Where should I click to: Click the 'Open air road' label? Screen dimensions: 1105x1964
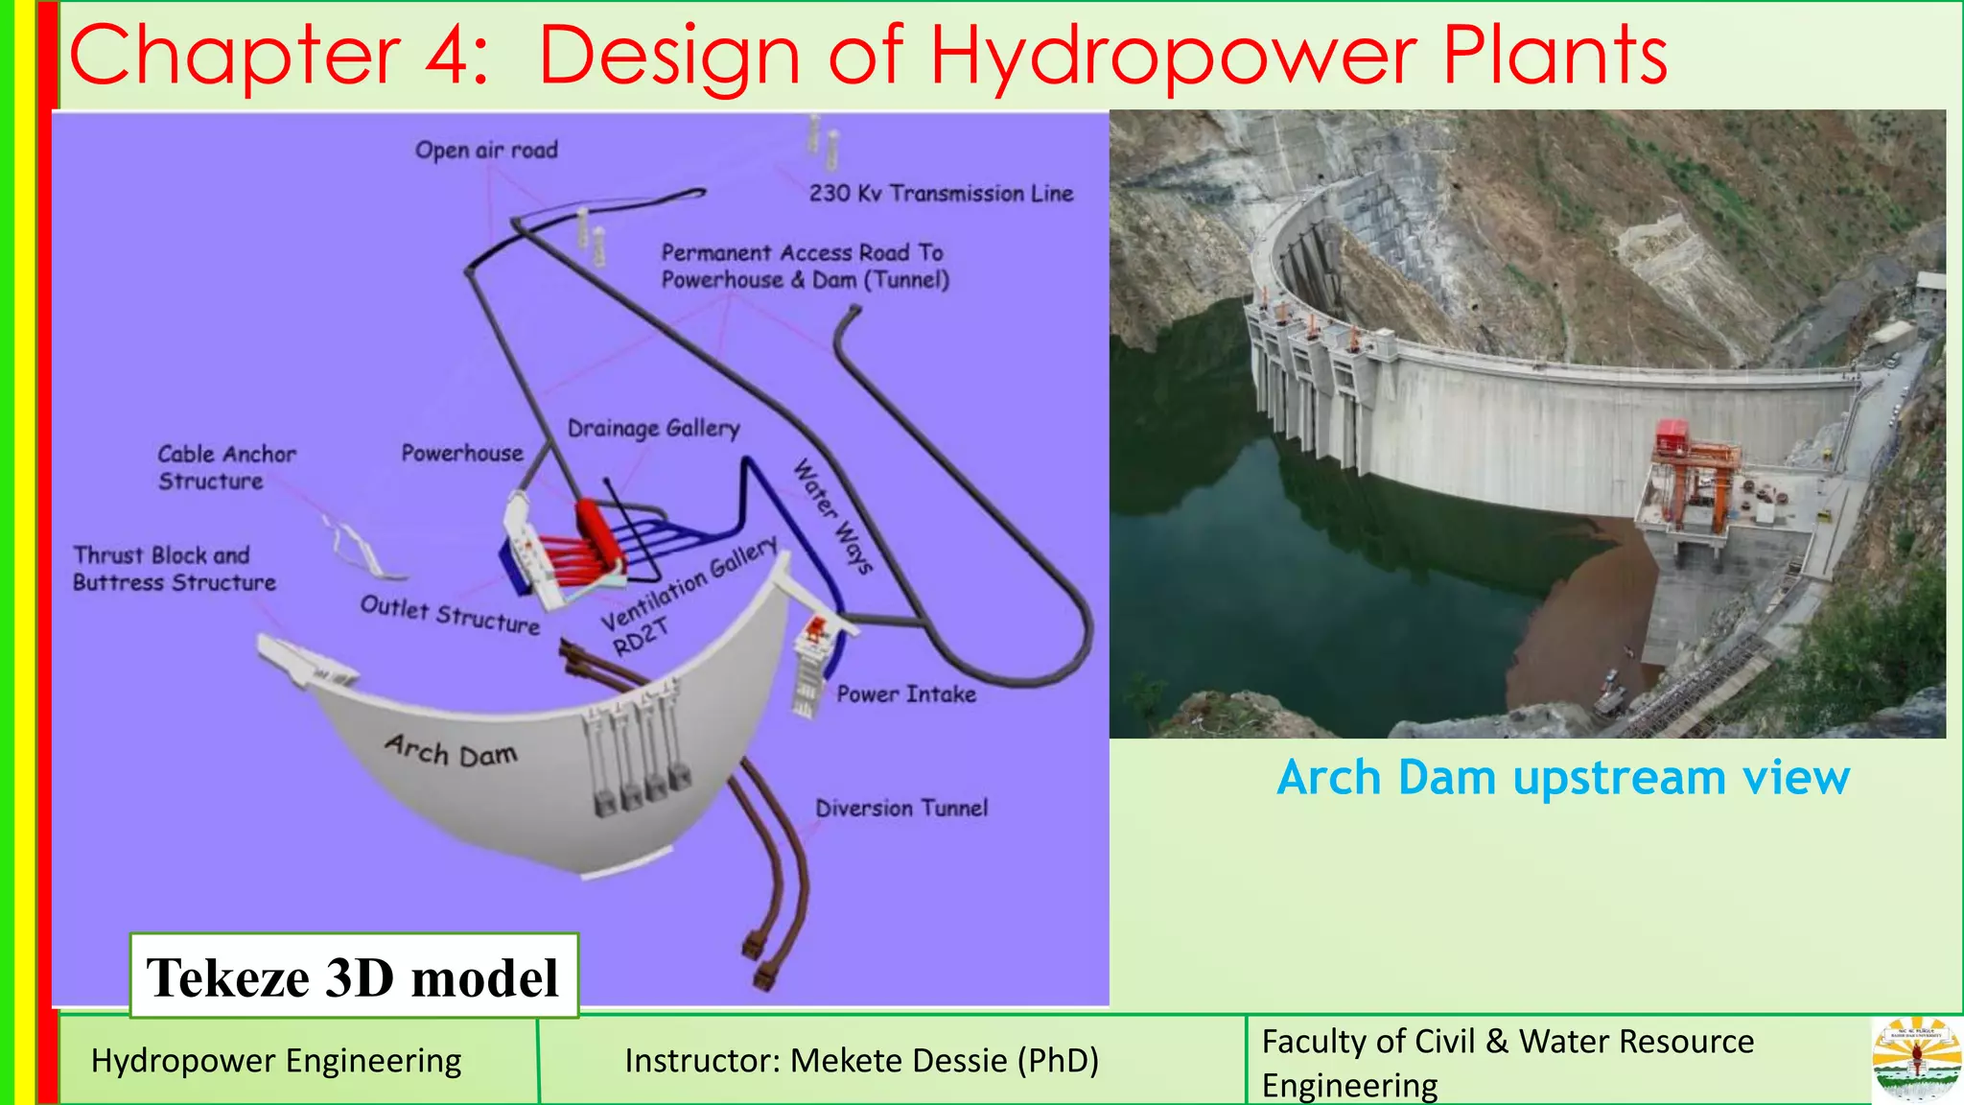point(486,151)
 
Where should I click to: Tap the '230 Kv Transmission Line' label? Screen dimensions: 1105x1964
point(941,194)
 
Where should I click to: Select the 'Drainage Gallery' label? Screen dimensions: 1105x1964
point(654,428)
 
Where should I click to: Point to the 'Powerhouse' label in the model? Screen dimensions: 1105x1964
point(462,453)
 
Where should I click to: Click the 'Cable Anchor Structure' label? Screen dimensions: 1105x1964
point(226,467)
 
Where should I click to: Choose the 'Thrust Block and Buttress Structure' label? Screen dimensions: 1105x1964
point(174,569)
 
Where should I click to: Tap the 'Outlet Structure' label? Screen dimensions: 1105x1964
point(450,615)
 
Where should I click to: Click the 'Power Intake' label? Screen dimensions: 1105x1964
point(906,694)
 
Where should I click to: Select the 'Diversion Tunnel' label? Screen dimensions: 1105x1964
point(901,809)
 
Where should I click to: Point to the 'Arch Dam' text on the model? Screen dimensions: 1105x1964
point(451,750)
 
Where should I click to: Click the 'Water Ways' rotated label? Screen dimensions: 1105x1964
point(832,516)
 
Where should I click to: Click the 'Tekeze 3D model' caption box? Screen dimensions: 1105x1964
point(353,977)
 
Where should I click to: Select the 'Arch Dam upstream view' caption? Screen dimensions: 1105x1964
point(1563,778)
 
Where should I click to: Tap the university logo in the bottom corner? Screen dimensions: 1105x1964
point(1916,1060)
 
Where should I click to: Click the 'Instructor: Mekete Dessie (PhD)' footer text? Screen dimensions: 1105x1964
point(861,1061)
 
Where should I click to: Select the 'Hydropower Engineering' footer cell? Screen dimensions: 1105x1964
point(276,1061)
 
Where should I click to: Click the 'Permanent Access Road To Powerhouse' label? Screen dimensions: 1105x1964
point(804,266)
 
